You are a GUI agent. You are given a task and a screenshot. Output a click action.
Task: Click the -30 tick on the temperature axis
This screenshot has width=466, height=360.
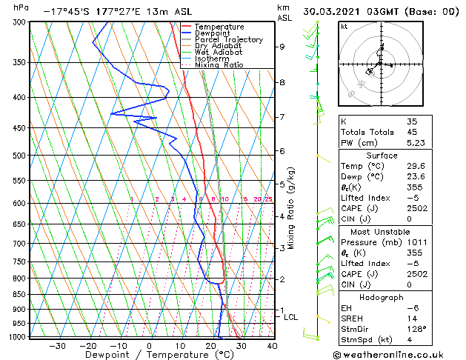click(x=57, y=346)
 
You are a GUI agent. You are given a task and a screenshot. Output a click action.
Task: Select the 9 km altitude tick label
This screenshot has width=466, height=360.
click(x=282, y=47)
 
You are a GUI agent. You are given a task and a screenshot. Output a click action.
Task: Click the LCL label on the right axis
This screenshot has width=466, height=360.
click(x=291, y=317)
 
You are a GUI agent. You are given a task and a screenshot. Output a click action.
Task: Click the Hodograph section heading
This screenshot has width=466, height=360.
click(x=382, y=296)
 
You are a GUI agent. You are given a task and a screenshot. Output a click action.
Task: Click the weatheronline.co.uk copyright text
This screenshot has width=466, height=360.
click(x=398, y=354)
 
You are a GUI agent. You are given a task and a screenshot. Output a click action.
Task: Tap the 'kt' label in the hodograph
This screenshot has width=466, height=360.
click(x=344, y=27)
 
